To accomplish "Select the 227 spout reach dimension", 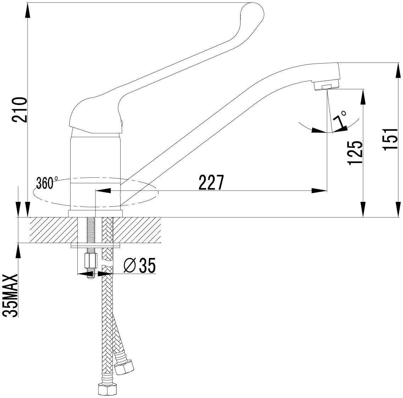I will (x=211, y=183).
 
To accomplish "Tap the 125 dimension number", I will (x=355, y=153).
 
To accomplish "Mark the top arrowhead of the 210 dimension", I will (x=27, y=11).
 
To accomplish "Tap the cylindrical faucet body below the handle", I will (x=95, y=160).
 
